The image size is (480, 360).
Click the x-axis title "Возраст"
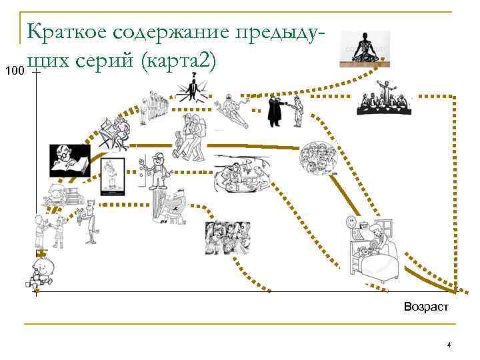426,307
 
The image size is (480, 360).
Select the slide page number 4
449,345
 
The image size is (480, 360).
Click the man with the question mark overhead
193,86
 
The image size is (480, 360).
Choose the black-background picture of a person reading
69,161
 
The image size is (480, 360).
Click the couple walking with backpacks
189,137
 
